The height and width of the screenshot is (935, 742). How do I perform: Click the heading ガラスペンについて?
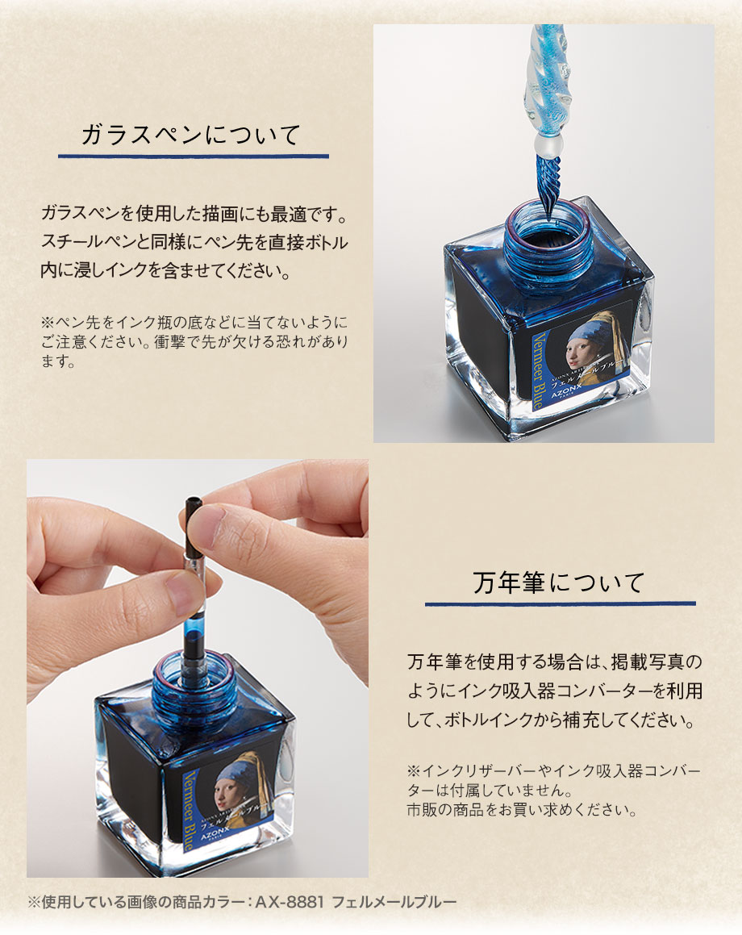point(193,133)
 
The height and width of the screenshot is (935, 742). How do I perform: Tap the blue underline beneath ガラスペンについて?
point(193,155)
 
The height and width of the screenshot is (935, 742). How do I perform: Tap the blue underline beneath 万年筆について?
point(560,603)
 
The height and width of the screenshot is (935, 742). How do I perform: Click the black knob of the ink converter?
point(192,524)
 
